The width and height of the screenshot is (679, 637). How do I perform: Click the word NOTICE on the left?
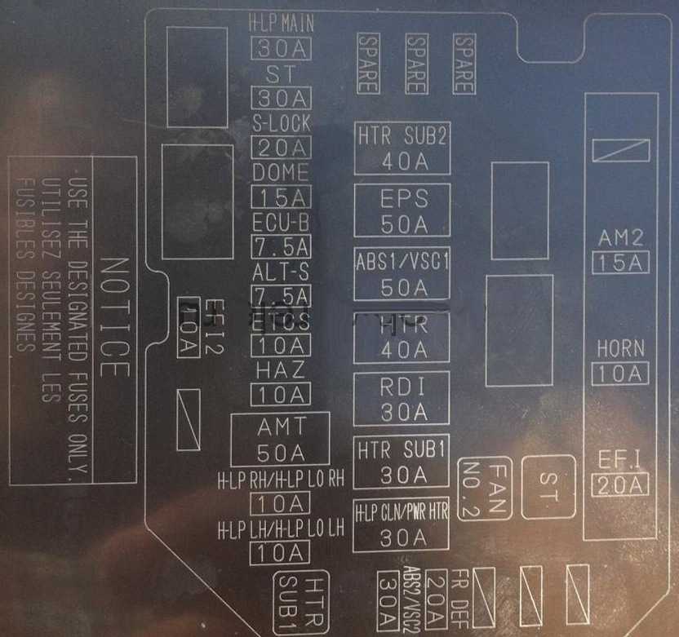point(114,318)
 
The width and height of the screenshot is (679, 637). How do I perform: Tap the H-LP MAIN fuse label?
point(281,23)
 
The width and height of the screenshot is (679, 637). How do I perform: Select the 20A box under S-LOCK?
point(282,148)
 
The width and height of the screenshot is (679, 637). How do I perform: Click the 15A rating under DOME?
point(282,197)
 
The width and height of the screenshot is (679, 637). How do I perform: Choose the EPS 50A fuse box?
point(402,210)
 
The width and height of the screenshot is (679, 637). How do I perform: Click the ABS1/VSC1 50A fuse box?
point(402,275)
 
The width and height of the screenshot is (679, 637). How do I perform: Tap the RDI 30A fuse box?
point(402,398)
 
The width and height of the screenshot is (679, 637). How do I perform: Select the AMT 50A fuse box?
point(280,439)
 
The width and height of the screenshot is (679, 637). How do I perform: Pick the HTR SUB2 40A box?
point(402,148)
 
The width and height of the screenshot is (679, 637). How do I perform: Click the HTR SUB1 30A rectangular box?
point(402,461)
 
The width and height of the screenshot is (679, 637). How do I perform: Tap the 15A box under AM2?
point(620,263)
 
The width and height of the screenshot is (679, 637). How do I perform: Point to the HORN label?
point(620,348)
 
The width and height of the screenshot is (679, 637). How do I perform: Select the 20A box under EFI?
point(620,484)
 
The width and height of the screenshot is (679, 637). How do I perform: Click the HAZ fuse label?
point(281,369)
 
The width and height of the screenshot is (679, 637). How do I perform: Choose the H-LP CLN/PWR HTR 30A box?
point(402,524)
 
